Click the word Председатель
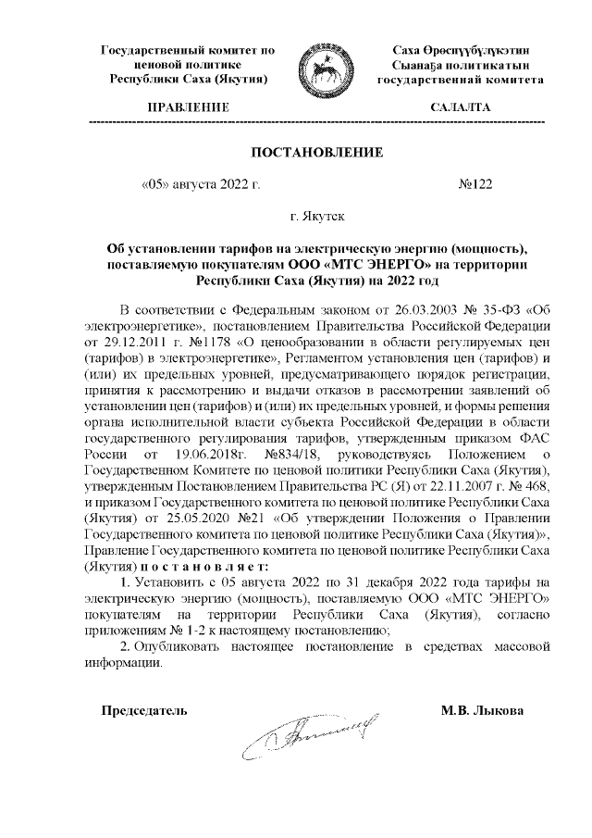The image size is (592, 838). pos(143,710)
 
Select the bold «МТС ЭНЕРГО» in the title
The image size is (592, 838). pos(340,263)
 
